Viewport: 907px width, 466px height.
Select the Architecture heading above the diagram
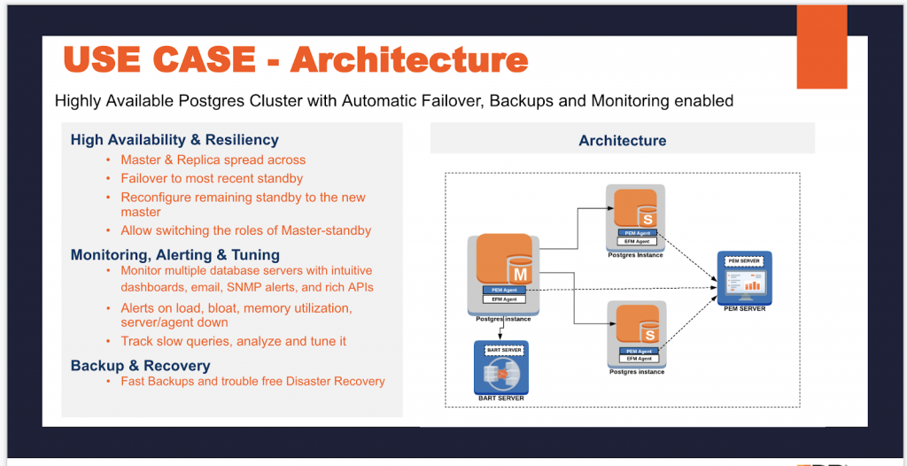point(622,141)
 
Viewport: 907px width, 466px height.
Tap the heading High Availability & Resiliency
point(174,140)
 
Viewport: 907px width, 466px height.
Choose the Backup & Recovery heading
point(140,366)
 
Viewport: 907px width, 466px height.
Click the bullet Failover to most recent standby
point(212,179)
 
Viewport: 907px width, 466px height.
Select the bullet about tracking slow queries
point(233,341)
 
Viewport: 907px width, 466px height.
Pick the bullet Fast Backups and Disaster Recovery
point(252,382)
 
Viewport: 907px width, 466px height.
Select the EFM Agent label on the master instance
point(504,300)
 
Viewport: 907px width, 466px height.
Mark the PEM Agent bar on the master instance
point(504,290)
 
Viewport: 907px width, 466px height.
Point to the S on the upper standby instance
point(647,218)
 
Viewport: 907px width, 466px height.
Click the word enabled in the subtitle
point(704,101)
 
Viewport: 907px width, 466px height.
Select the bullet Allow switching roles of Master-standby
point(245,230)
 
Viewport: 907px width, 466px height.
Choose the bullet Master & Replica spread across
point(213,160)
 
